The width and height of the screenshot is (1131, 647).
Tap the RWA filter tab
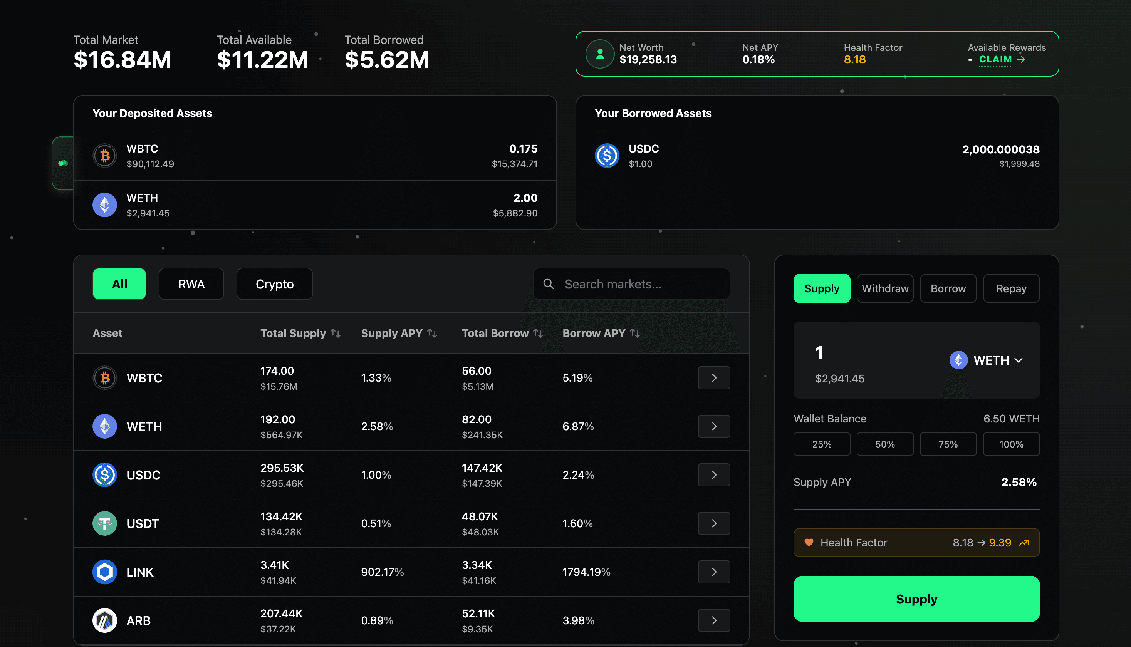191,284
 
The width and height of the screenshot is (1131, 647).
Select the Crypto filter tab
274,284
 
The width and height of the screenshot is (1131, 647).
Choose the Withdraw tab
884,288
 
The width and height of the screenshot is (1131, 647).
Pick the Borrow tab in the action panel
948,288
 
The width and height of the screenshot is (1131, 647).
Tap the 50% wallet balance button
884,444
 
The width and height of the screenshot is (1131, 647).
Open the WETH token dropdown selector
986,360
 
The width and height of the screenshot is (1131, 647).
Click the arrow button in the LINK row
713,572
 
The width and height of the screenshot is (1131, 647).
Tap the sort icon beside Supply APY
432,333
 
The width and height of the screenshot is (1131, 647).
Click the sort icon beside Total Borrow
538,333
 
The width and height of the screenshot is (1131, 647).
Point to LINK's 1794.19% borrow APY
586,572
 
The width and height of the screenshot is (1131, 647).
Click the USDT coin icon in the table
104,523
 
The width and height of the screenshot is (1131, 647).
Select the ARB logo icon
104,620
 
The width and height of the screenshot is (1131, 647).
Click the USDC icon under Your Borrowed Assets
607,156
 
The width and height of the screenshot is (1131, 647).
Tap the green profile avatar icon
599,54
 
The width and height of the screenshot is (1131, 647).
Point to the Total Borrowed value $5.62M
387,60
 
